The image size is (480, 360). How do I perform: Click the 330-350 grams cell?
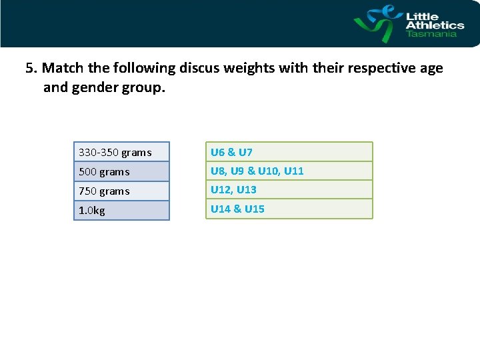tap(121, 152)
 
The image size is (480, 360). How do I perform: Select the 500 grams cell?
tap(121, 171)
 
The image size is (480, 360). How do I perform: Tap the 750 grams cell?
tap(121, 191)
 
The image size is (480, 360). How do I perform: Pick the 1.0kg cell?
tap(121, 210)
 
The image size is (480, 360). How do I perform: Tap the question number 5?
tap(29, 68)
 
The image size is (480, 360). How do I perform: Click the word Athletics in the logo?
tap(435, 25)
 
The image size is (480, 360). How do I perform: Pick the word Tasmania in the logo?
tap(432, 33)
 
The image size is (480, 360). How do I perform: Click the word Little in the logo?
tap(421, 16)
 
